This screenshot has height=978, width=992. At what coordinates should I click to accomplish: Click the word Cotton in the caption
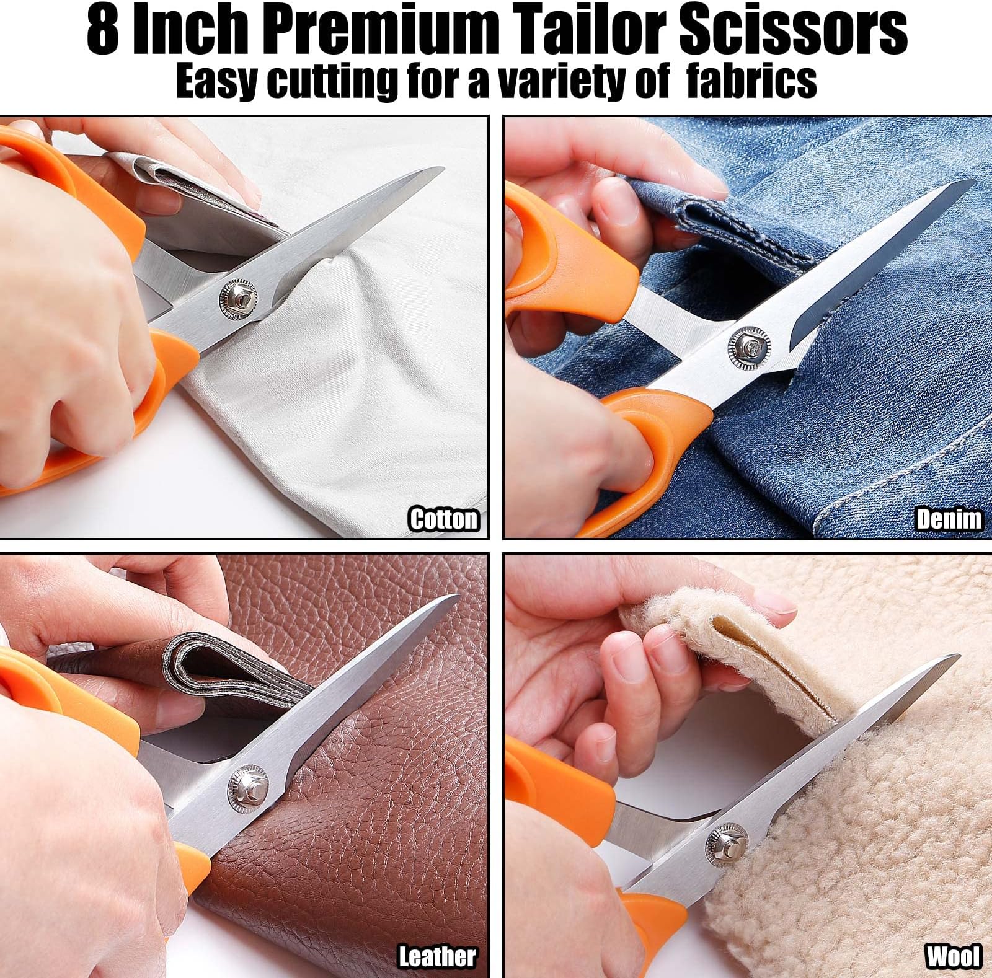[x=444, y=519]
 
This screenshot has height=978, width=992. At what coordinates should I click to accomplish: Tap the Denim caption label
[x=949, y=519]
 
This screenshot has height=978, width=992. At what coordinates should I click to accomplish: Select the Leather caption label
[x=437, y=956]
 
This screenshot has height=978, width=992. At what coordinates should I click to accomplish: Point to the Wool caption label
[x=954, y=956]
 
